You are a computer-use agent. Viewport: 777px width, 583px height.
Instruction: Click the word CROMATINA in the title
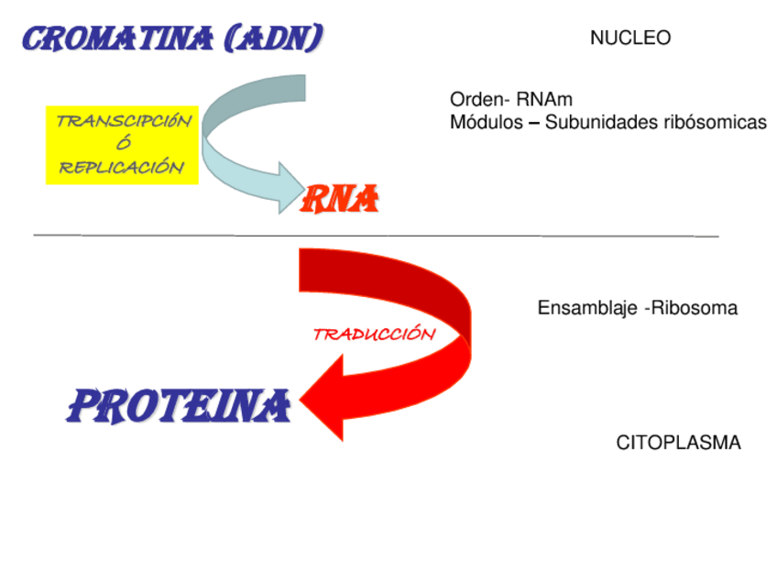click(x=117, y=39)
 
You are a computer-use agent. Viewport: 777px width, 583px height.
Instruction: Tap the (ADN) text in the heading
click(x=274, y=39)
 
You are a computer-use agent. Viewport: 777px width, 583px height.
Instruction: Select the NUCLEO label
click(x=630, y=38)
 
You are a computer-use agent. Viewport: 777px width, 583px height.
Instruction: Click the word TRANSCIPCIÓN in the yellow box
click(x=124, y=121)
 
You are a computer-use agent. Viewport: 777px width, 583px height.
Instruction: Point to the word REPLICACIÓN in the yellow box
click(x=122, y=167)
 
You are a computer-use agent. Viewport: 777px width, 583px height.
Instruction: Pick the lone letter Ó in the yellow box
click(x=124, y=144)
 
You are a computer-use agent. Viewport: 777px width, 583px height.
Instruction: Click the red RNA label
click(x=341, y=199)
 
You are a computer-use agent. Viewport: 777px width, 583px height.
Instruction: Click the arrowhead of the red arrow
click(x=325, y=397)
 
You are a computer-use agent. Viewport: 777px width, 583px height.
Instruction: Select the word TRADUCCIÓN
click(x=374, y=335)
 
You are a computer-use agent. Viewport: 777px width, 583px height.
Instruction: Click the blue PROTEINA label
click(x=179, y=405)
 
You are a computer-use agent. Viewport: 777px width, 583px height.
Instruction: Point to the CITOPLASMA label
click(x=678, y=444)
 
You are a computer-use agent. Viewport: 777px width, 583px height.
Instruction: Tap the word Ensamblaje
click(x=587, y=309)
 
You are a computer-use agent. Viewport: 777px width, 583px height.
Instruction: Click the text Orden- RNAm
click(x=510, y=100)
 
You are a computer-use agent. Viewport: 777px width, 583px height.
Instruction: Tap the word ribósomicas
click(x=716, y=123)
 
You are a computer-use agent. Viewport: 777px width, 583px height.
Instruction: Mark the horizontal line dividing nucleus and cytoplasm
click(x=376, y=236)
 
